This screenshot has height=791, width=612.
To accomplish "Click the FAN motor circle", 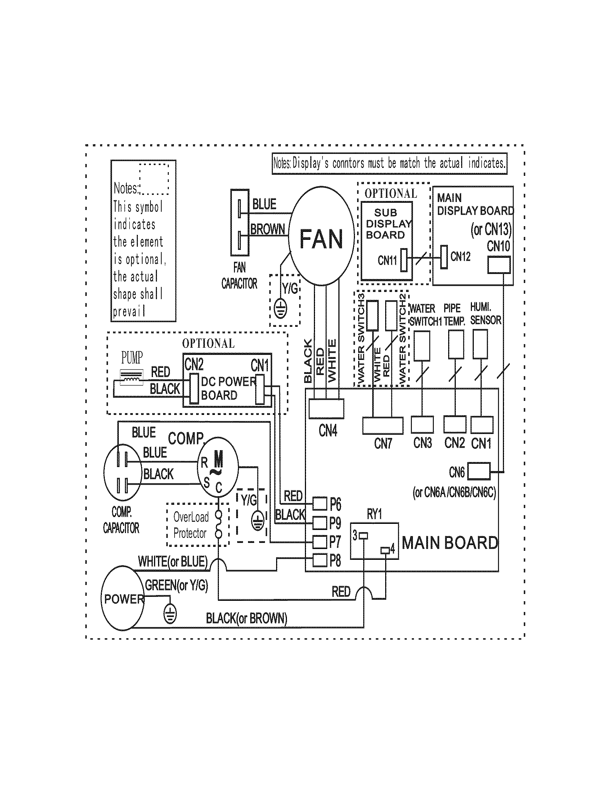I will tap(321, 236).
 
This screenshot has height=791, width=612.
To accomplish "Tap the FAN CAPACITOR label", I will tap(239, 276).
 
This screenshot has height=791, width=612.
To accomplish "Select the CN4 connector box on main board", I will tap(326, 408).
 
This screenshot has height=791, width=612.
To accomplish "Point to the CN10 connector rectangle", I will tap(499, 265).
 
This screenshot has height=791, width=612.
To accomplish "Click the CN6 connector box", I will tap(478, 471).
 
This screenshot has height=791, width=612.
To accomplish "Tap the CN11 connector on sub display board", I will tap(404, 260).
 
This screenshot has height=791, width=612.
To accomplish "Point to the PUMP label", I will tap(132, 358).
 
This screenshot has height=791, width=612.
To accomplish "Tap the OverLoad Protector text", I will tap(190, 525).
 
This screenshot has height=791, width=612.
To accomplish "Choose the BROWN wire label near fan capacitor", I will tap(267, 229).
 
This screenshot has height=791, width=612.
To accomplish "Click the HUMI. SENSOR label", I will tap(486, 314).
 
